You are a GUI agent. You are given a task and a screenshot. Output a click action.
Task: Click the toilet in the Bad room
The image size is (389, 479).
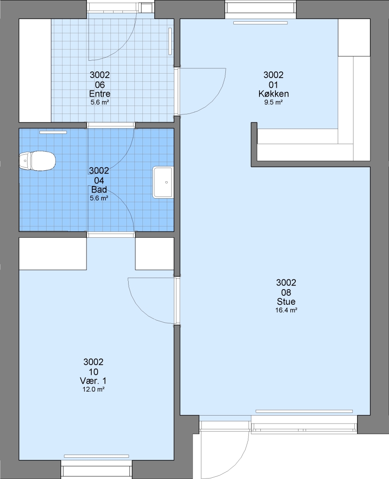click(x=37, y=161)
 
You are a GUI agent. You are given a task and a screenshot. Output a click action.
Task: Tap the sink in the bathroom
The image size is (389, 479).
click(x=163, y=182)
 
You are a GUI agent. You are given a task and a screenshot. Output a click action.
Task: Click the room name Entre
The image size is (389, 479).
click(x=100, y=94)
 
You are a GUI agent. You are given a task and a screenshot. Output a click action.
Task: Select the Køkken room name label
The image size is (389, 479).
click(x=274, y=94)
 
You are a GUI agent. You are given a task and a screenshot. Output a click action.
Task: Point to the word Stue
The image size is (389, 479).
click(x=286, y=302)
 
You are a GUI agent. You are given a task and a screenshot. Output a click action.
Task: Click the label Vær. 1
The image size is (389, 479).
click(x=93, y=381)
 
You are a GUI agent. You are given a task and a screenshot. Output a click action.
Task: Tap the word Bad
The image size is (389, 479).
click(x=99, y=189)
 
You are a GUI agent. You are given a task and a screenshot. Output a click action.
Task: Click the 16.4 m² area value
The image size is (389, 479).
click(x=286, y=310)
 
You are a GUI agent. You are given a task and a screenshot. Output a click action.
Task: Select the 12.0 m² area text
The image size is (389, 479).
click(x=93, y=389)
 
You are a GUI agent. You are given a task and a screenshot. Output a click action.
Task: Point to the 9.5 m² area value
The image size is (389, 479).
click(x=274, y=102)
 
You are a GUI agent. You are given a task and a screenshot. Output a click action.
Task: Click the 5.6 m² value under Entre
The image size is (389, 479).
click(x=100, y=102)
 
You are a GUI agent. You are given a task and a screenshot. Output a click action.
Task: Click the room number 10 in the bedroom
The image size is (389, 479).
click(x=94, y=372)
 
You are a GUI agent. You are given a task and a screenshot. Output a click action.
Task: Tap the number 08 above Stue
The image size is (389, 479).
click(x=286, y=292)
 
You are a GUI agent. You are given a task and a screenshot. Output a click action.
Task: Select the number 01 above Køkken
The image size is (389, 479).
click(x=274, y=84)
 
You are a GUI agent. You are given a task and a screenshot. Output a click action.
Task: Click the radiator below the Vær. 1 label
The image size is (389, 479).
click(x=96, y=456)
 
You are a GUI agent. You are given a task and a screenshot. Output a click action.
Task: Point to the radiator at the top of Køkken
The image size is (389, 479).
click(x=260, y=23)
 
